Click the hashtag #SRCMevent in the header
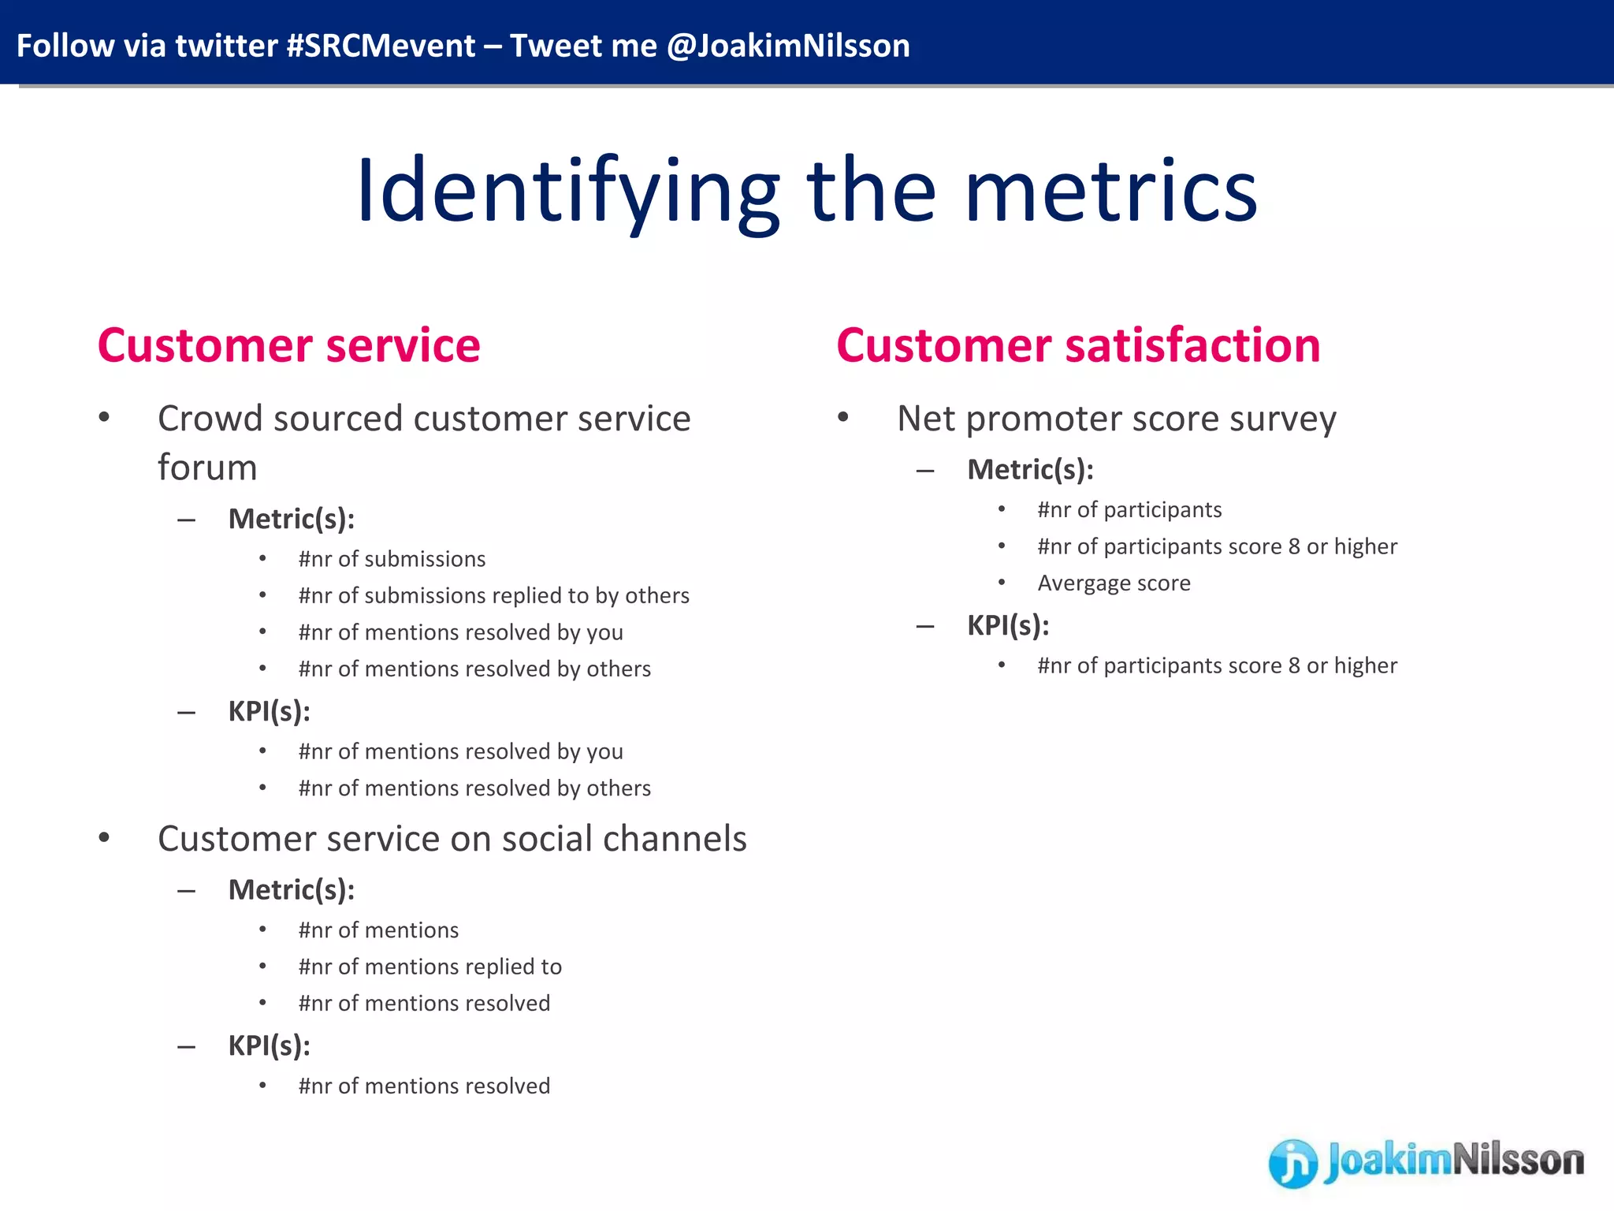(381, 46)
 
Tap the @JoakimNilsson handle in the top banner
(788, 46)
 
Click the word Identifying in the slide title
(567, 192)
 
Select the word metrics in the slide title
(1111, 192)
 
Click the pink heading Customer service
(288, 345)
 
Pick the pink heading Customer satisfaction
(1078, 345)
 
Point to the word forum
(207, 468)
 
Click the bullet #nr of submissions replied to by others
(493, 595)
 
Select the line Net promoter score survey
(1116, 419)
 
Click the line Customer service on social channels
(452, 839)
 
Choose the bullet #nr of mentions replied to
(430, 967)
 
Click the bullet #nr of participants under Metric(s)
(1129, 510)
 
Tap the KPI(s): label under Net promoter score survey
(1008, 625)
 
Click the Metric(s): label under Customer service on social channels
(292, 890)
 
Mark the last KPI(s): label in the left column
(269, 1046)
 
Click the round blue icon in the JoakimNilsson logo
(1292, 1163)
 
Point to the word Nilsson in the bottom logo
(1518, 1161)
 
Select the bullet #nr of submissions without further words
(392, 559)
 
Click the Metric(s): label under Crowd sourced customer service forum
(292, 519)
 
